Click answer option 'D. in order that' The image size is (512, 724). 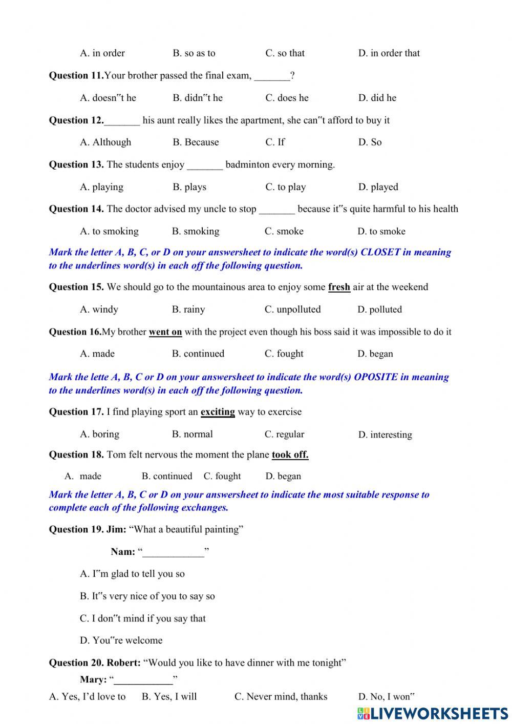[x=389, y=53]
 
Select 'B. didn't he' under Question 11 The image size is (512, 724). [x=198, y=98]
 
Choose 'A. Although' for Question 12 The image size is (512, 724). [x=105, y=142]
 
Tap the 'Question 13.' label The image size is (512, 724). [x=76, y=164]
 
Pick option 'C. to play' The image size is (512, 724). [x=285, y=187]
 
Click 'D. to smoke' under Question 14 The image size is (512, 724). [x=381, y=231]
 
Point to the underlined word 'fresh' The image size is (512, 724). [x=339, y=287]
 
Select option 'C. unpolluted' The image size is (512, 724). [x=292, y=309]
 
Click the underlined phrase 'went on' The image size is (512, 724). [x=165, y=332]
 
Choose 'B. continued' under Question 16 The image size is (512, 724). [x=198, y=354]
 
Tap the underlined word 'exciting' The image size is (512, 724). [x=218, y=412]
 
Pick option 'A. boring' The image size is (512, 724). [x=99, y=434]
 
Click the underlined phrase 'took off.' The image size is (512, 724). [x=290, y=454]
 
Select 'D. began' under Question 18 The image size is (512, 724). [x=283, y=476]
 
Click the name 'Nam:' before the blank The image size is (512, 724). [x=123, y=552]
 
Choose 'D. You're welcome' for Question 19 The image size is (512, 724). [x=121, y=640]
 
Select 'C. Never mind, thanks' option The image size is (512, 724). [x=281, y=696]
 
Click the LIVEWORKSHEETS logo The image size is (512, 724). [x=432, y=713]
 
